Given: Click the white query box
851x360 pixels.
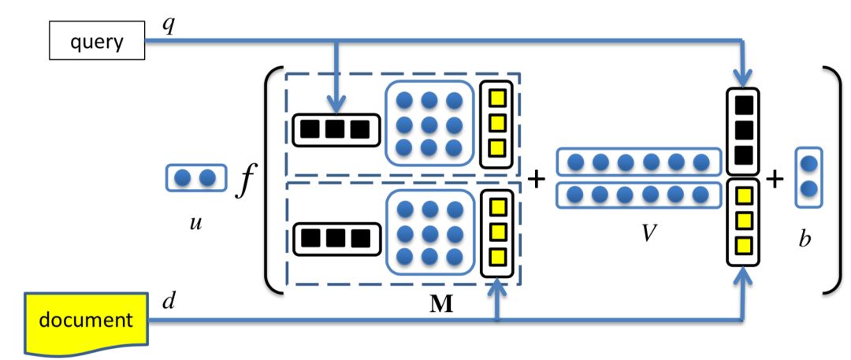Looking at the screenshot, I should coord(97,41).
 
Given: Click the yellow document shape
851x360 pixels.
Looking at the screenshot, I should coord(87,321).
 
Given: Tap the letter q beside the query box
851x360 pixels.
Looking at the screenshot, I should coord(169,25).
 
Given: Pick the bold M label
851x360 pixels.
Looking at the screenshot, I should coord(442,305).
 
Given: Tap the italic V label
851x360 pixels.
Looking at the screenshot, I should coord(648,235).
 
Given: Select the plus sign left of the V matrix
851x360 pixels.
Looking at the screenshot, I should coord(536,180).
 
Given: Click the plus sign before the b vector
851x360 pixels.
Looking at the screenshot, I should coord(775,180).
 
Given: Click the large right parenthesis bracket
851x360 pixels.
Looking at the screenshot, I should coord(833,180).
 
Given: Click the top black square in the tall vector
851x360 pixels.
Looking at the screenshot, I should coord(743,105).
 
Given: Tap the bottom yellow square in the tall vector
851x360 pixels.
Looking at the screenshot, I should coord(743,243).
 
